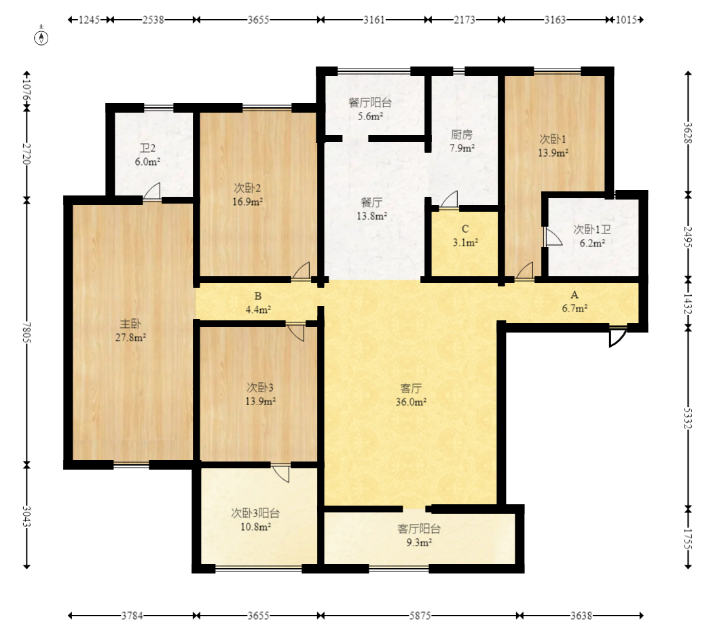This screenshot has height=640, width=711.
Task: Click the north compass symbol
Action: pyautogui.click(x=41, y=38)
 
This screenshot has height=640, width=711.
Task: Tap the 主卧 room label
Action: pyautogui.click(x=130, y=324)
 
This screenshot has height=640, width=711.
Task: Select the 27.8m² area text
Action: pyautogui.click(x=130, y=337)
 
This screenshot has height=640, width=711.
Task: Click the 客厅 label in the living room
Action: pyautogui.click(x=411, y=388)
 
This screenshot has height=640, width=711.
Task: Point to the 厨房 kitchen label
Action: pyautogui.click(x=462, y=134)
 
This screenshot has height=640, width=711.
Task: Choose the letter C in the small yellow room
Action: pyautogui.click(x=464, y=229)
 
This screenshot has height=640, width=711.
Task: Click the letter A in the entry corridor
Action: pyautogui.click(x=575, y=295)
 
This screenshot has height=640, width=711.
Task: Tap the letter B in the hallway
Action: pyautogui.click(x=258, y=296)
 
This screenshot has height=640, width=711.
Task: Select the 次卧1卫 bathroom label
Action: pyautogui.click(x=592, y=229)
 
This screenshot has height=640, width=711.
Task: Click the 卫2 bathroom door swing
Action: pyautogui.click(x=152, y=191)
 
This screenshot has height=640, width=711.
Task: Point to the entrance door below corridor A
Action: pyautogui.click(x=617, y=337)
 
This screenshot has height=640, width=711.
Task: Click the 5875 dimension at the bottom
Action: pyautogui.click(x=420, y=616)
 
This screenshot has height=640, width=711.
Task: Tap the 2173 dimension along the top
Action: pyautogui.click(x=464, y=20)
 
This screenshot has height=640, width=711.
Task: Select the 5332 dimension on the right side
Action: pyautogui.click(x=688, y=417)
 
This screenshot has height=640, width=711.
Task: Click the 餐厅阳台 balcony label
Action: pyautogui.click(x=370, y=102)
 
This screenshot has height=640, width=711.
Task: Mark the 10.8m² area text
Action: pyautogui.click(x=256, y=527)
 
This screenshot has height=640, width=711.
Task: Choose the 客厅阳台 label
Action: pyautogui.click(x=419, y=529)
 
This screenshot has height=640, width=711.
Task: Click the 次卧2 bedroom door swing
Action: pyautogui.click(x=301, y=271)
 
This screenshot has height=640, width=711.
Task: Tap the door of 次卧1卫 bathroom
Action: pyautogui.click(x=553, y=237)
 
